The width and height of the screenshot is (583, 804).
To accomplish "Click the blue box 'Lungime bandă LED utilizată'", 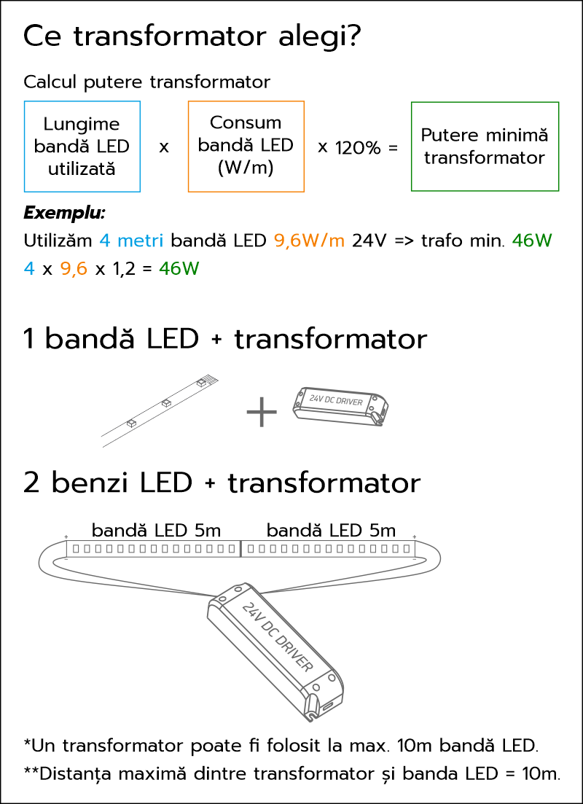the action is pos(82,147).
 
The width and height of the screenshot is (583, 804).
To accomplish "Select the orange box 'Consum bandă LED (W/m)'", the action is pos(246,147).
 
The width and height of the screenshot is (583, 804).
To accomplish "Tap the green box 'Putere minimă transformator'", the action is pos(485,147).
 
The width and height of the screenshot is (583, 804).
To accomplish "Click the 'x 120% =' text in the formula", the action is pos(358,148).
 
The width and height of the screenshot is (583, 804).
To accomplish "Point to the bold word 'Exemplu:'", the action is pos(64,214).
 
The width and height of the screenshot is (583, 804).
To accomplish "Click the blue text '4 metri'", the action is pos(132,240).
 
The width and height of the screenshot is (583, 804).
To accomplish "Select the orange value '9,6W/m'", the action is pos(310,240).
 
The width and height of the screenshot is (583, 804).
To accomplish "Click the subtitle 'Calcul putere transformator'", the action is pos(147,82).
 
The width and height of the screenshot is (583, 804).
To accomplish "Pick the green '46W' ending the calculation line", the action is pos(179,269).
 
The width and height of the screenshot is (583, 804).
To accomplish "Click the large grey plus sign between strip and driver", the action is pos(262,410).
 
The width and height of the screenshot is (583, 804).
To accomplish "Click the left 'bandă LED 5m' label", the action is pos(157,530).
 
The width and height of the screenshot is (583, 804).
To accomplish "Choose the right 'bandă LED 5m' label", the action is pos(332,530).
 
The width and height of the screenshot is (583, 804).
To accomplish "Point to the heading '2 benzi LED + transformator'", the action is pos(222,483).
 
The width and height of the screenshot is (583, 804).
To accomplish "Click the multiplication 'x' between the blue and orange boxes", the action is pos(164,148).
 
